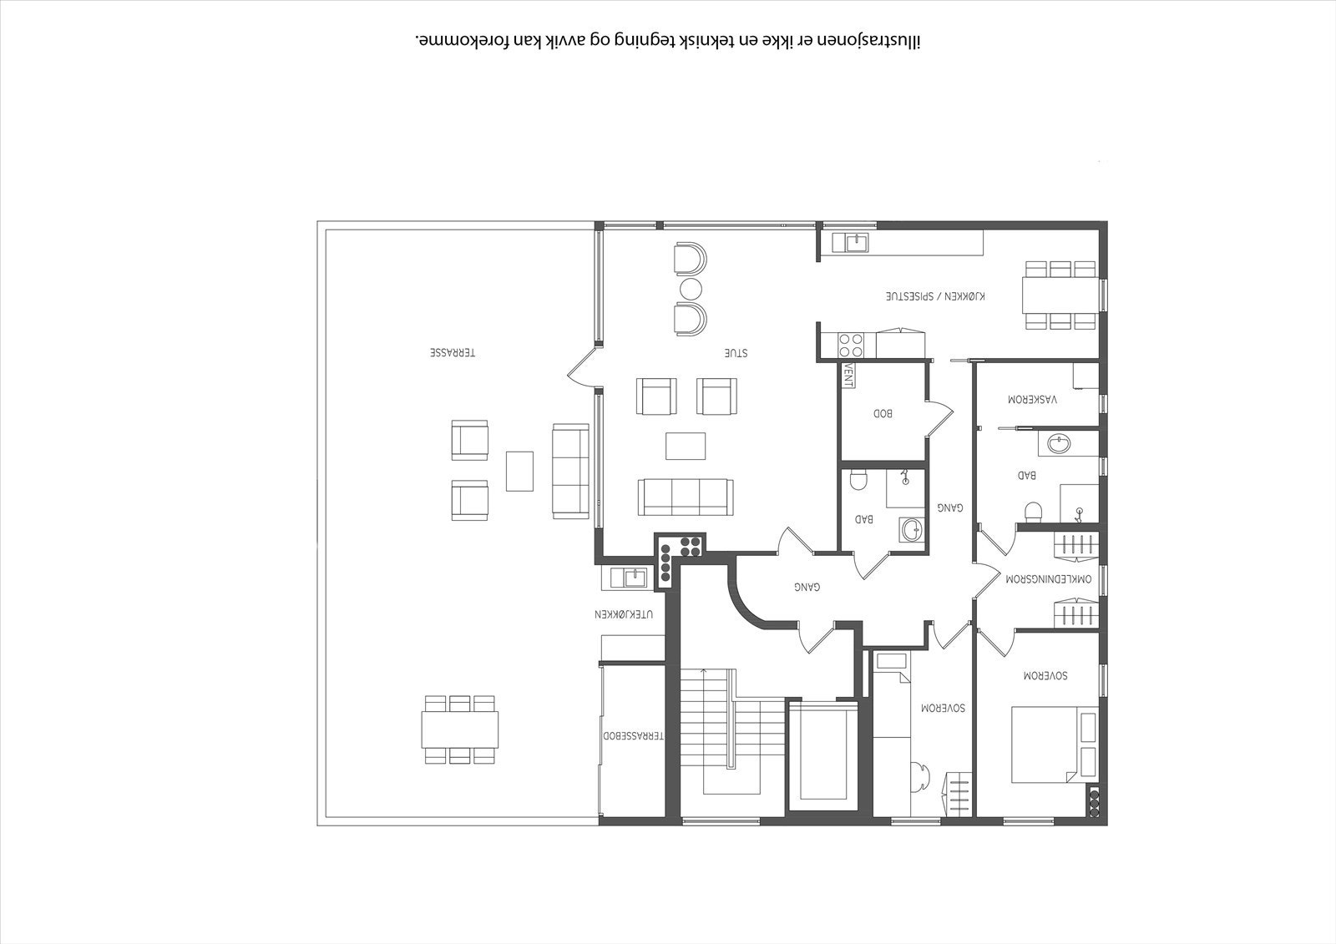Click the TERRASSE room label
coord(453,352)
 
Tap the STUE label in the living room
coord(736,352)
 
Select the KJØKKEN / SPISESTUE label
coord(935,295)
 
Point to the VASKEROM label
coord(1032,399)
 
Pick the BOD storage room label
coord(883,412)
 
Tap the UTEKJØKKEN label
coord(624,613)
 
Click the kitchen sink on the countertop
coord(858,243)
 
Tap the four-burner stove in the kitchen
coord(851,346)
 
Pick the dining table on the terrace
coord(460,729)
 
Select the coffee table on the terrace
coord(519,471)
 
